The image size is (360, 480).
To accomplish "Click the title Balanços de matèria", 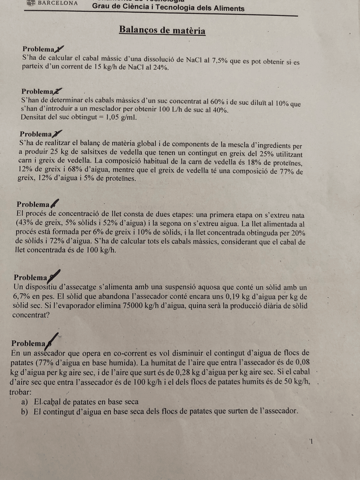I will click(162, 30).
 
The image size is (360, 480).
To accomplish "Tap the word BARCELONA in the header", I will click(58, 3).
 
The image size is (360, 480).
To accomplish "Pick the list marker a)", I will click(25, 402).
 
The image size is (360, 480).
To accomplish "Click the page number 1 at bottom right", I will click(311, 442).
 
